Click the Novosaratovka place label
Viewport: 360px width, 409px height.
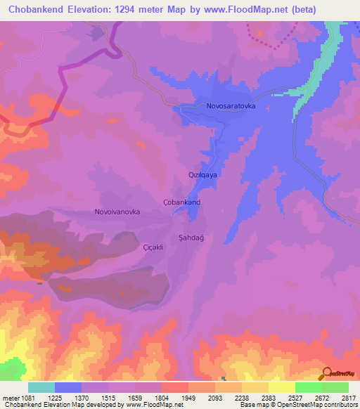[x=231, y=105]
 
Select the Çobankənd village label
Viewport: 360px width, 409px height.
[x=182, y=202]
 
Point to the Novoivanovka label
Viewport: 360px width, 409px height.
[x=117, y=212]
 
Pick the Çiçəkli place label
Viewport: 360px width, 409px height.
[x=153, y=247]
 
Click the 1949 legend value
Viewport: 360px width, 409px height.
[x=188, y=398]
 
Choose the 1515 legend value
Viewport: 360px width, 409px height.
[x=108, y=398]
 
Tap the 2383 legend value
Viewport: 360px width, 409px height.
[x=267, y=398]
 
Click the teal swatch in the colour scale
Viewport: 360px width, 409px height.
[x=41, y=387]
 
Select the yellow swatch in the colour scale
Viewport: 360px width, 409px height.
[x=281, y=387]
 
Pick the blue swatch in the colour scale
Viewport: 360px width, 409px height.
[x=68, y=387]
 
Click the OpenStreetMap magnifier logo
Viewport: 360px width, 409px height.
[x=326, y=373]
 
